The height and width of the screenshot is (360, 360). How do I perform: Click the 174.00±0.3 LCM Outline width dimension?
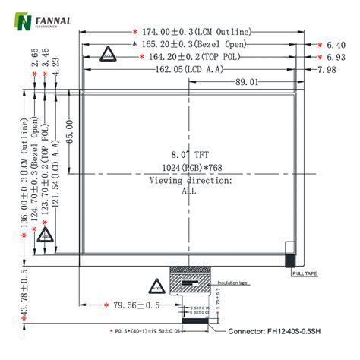[185, 33]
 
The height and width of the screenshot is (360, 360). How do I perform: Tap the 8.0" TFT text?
[188, 154]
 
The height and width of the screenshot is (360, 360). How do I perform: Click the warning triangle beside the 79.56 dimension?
[156, 286]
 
